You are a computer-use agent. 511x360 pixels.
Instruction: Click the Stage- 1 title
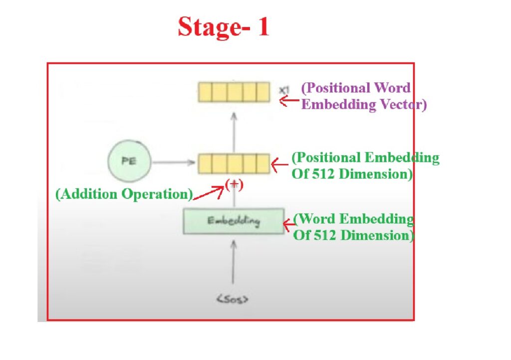(223, 27)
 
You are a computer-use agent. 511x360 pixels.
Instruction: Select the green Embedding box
(234, 221)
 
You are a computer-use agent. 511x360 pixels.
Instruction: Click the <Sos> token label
(233, 300)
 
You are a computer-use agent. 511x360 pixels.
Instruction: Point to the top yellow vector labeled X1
(234, 92)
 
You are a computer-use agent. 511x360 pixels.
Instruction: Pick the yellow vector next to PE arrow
(234, 163)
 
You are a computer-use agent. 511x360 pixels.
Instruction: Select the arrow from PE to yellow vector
(172, 162)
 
